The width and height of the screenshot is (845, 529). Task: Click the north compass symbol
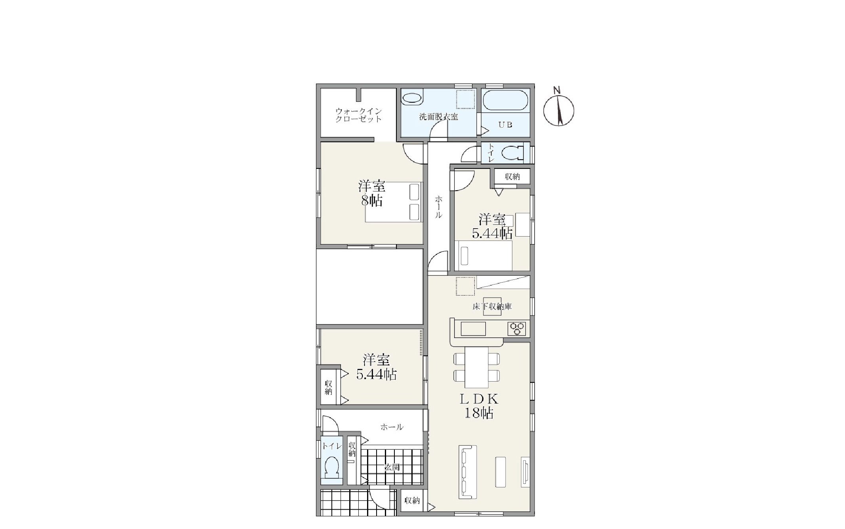(x=558, y=110)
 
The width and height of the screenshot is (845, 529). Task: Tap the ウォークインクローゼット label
(x=358, y=115)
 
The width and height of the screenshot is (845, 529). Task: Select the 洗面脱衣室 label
(x=439, y=117)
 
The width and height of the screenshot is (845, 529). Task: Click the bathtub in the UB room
(x=506, y=101)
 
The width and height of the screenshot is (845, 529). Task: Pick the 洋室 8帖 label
(x=371, y=193)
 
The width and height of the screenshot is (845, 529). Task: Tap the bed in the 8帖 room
(x=394, y=202)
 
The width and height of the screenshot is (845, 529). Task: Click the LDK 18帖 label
(x=479, y=406)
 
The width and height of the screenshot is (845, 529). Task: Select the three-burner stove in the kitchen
(x=517, y=329)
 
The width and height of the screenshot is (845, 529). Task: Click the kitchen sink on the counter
(x=473, y=329)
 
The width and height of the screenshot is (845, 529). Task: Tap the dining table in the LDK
(x=476, y=367)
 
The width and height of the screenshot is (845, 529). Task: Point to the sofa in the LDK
(x=468, y=472)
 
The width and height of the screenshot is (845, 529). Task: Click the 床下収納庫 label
(x=492, y=306)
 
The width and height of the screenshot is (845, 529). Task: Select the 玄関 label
(x=392, y=467)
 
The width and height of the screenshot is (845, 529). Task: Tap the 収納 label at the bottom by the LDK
(x=412, y=500)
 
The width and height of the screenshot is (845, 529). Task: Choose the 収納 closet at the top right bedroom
(x=512, y=177)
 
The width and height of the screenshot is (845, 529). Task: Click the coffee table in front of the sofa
(x=501, y=472)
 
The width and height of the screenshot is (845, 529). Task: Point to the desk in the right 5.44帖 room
(x=523, y=225)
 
